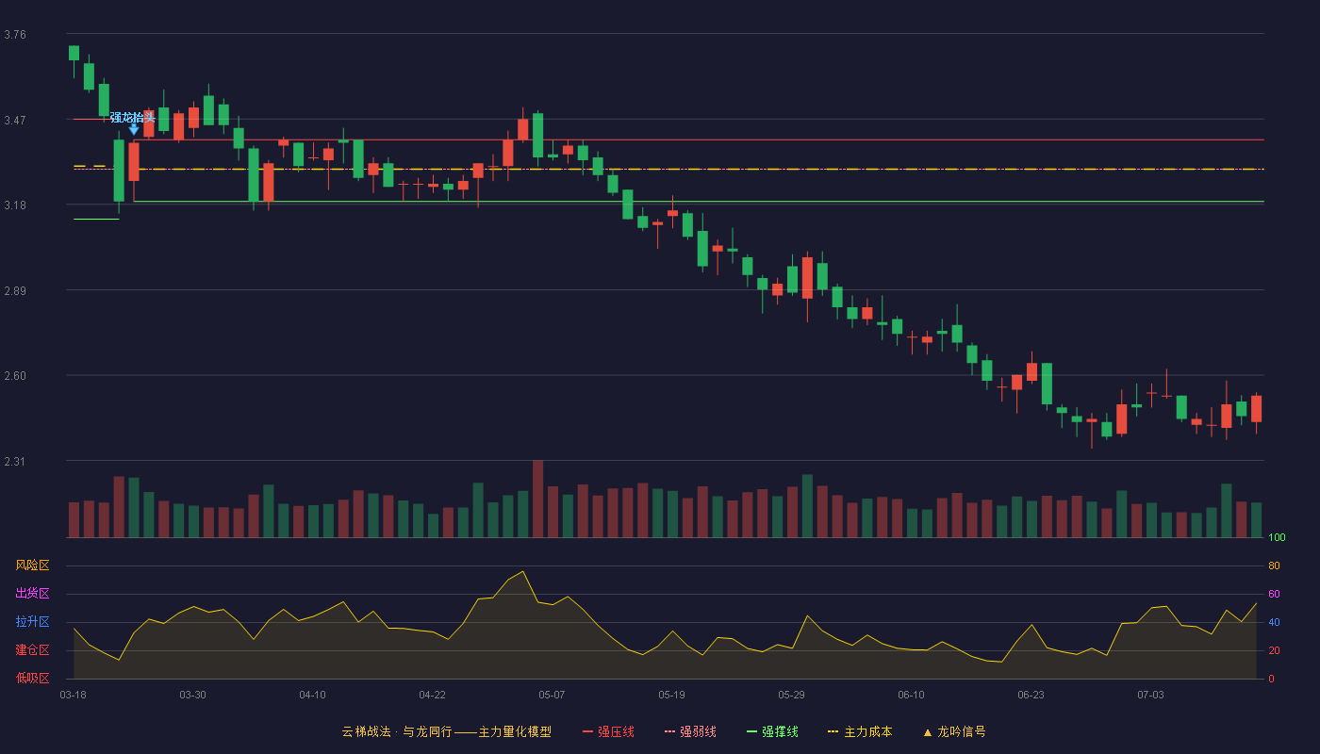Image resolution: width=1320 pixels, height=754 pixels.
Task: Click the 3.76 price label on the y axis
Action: tap(15, 35)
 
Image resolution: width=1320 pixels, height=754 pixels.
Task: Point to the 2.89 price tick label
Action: tap(15, 291)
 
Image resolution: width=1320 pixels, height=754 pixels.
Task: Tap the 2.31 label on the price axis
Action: tap(15, 462)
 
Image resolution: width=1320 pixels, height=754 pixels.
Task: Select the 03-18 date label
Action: tap(74, 696)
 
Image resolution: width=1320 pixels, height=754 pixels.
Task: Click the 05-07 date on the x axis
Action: tap(552, 696)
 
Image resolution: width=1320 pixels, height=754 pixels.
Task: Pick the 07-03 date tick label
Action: tap(1150, 696)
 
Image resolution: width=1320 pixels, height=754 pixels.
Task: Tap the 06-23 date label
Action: tap(1031, 696)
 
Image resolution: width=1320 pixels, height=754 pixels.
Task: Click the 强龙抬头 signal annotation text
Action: tap(133, 117)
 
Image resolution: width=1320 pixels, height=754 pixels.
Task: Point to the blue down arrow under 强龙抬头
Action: tap(134, 129)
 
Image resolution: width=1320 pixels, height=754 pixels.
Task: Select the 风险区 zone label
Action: tap(32, 565)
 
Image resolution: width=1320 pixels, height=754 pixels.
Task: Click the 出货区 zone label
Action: tap(32, 593)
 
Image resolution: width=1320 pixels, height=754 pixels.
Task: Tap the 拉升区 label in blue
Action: tap(32, 621)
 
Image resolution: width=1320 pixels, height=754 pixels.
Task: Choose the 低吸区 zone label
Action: tap(32, 678)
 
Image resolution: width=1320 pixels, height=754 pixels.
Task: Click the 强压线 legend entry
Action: tap(608, 731)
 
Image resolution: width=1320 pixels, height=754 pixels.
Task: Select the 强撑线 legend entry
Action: tap(772, 731)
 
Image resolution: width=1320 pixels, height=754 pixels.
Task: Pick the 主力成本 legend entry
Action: tap(860, 731)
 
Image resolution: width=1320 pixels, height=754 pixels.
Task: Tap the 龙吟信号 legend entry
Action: tap(954, 731)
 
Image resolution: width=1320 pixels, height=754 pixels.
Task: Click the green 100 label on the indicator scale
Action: tap(1277, 537)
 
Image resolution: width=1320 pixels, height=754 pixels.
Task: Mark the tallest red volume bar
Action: tap(538, 499)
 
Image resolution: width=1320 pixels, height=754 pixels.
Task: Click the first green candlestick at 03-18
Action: tap(74, 53)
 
